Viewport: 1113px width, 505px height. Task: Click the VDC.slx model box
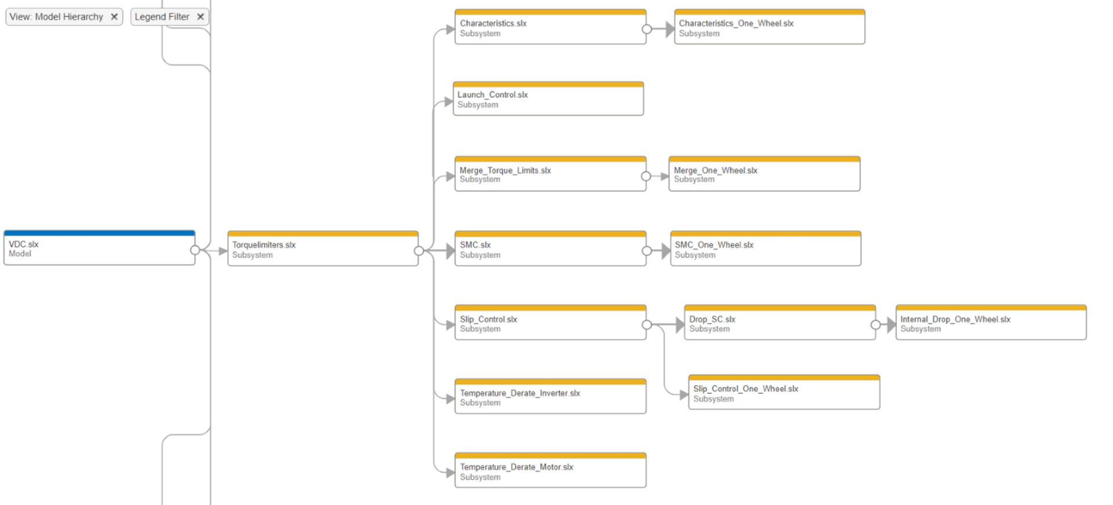pyautogui.click(x=99, y=249)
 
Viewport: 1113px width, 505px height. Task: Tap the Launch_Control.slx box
pyautogui.click(x=548, y=100)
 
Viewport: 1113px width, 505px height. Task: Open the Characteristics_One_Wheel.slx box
pyautogui.click(x=769, y=28)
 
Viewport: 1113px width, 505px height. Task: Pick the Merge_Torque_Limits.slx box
pyautogui.click(x=550, y=175)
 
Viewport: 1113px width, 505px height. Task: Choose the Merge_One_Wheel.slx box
pyautogui.click(x=764, y=175)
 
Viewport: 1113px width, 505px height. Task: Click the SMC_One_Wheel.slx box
pyautogui.click(x=765, y=249)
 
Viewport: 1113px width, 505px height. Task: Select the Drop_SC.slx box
pyautogui.click(x=779, y=324)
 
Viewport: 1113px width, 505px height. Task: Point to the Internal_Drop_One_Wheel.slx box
pyautogui.click(x=991, y=324)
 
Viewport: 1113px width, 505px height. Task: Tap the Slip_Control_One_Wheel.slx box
pyautogui.click(x=784, y=393)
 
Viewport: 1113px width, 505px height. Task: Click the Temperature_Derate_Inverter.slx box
pyautogui.click(x=550, y=397)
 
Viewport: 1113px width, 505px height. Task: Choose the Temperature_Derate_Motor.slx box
pyautogui.click(x=550, y=471)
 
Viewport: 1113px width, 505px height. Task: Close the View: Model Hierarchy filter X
pyautogui.click(x=114, y=17)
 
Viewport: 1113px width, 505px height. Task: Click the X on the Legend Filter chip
pyautogui.click(x=200, y=17)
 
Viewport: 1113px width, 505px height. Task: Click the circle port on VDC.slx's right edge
pyautogui.click(x=195, y=250)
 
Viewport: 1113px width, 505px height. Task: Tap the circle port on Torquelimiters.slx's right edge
pyautogui.click(x=419, y=250)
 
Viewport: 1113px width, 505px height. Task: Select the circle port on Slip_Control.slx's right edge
pyautogui.click(x=646, y=325)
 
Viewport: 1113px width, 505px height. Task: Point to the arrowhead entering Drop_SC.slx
pyautogui.click(x=679, y=325)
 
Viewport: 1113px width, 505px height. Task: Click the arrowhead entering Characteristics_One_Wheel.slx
pyautogui.click(x=670, y=29)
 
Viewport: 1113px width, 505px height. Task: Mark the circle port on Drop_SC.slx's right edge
pyautogui.click(x=875, y=325)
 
